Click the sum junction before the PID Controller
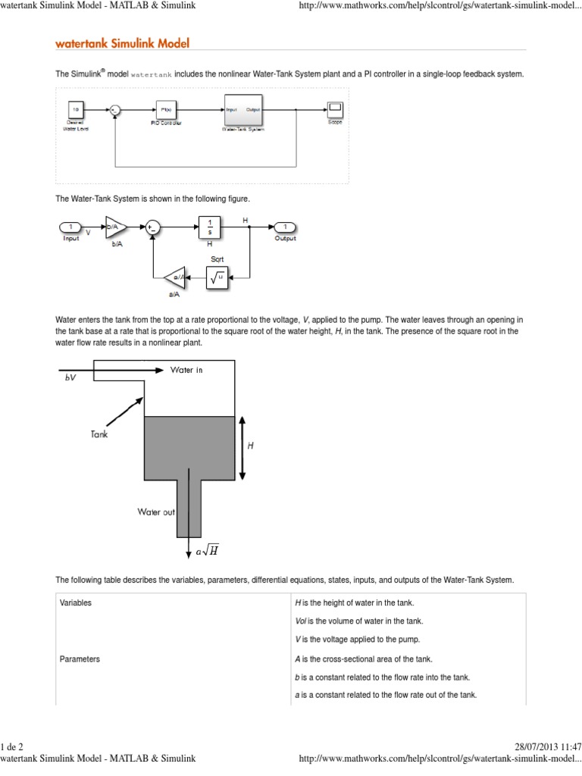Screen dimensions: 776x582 pos(115,110)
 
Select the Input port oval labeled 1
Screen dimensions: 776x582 pos(70,227)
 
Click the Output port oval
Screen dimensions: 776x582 pos(285,227)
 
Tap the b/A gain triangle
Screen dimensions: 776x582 pos(115,227)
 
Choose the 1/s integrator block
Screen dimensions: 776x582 pos(209,227)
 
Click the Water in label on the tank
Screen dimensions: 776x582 pos(186,370)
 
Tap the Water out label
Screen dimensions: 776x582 pos(156,512)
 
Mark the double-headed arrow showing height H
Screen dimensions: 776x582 pos(242,447)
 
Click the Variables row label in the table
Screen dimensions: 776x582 pos(76,603)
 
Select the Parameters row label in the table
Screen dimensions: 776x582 pos(80,659)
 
